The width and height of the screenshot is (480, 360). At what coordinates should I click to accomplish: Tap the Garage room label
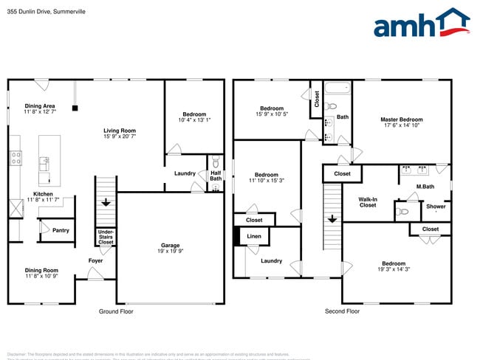click(x=171, y=246)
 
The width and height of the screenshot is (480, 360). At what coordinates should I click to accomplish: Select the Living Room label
click(x=120, y=131)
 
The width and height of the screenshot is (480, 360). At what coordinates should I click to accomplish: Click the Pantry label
click(x=61, y=230)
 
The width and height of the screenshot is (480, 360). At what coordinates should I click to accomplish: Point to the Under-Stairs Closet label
click(x=106, y=236)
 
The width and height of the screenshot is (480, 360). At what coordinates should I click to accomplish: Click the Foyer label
click(x=96, y=260)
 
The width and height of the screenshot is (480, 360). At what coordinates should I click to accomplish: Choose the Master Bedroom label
click(x=402, y=120)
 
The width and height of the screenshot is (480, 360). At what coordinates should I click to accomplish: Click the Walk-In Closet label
click(x=368, y=202)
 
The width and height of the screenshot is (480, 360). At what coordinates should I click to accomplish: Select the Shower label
click(x=436, y=207)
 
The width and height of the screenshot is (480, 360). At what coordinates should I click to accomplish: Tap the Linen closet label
click(x=254, y=236)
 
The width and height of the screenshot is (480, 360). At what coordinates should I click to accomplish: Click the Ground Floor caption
click(x=117, y=311)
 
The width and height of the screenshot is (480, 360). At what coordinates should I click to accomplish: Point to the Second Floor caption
click(x=342, y=311)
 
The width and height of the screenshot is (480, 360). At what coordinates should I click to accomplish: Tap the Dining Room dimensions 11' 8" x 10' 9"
click(x=41, y=276)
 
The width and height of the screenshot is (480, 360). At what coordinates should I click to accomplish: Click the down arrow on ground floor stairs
click(x=106, y=201)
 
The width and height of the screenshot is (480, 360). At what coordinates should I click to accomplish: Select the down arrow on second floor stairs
click(x=332, y=218)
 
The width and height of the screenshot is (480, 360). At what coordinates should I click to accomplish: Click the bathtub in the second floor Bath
click(x=337, y=90)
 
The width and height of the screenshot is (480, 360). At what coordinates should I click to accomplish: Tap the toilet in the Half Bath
click(x=216, y=164)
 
